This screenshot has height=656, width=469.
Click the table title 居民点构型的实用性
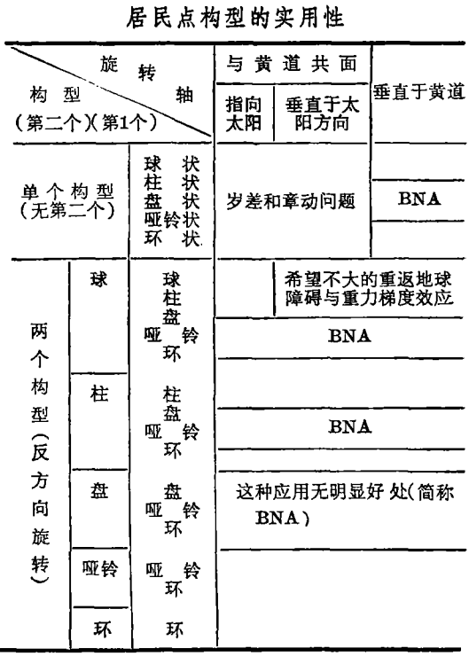coord(235,19)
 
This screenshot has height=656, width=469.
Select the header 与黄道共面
coord(292,64)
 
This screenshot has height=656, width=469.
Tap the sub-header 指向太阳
coord(244,113)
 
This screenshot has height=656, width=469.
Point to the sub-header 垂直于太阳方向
coord(322,113)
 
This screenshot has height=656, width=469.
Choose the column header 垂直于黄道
coord(419,91)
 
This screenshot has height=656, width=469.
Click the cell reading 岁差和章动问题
coord(291,201)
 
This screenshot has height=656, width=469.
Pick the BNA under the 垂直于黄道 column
coord(419,199)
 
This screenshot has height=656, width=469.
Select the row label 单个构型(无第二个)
coord(67,201)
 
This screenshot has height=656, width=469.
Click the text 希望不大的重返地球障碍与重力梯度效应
coord(369,288)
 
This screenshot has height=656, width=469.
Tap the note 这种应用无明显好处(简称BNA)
coord(345,504)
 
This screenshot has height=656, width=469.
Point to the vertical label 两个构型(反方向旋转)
coord(40,453)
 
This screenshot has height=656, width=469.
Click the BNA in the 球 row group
coord(349,336)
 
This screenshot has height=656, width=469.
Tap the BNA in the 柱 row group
coord(350,426)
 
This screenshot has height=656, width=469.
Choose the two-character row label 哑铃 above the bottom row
coord(100,568)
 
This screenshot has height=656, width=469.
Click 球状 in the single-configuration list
coord(171,164)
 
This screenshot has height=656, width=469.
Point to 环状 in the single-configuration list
coord(171,239)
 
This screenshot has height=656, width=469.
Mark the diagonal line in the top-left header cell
coord(111,92)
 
